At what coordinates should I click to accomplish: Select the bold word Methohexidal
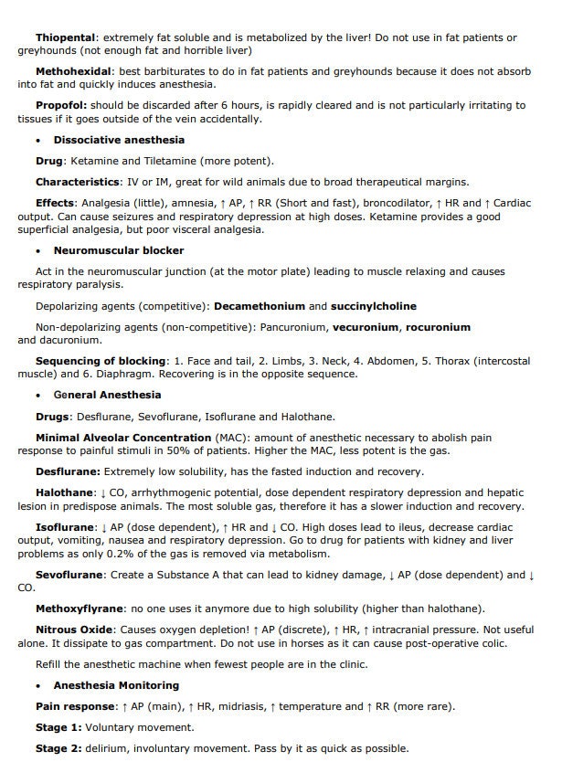(x=73, y=70)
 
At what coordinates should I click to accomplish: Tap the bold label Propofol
(x=61, y=105)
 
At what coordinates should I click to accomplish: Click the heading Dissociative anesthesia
(x=119, y=140)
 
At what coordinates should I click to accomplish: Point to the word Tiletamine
(x=167, y=160)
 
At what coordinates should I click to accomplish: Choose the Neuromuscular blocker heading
(x=119, y=250)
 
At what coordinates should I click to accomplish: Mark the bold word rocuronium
(x=439, y=326)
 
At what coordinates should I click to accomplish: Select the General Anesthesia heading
(x=107, y=395)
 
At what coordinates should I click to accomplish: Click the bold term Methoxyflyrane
(x=80, y=608)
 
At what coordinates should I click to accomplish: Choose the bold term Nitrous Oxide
(x=74, y=630)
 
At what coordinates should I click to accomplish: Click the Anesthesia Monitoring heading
(x=116, y=685)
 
